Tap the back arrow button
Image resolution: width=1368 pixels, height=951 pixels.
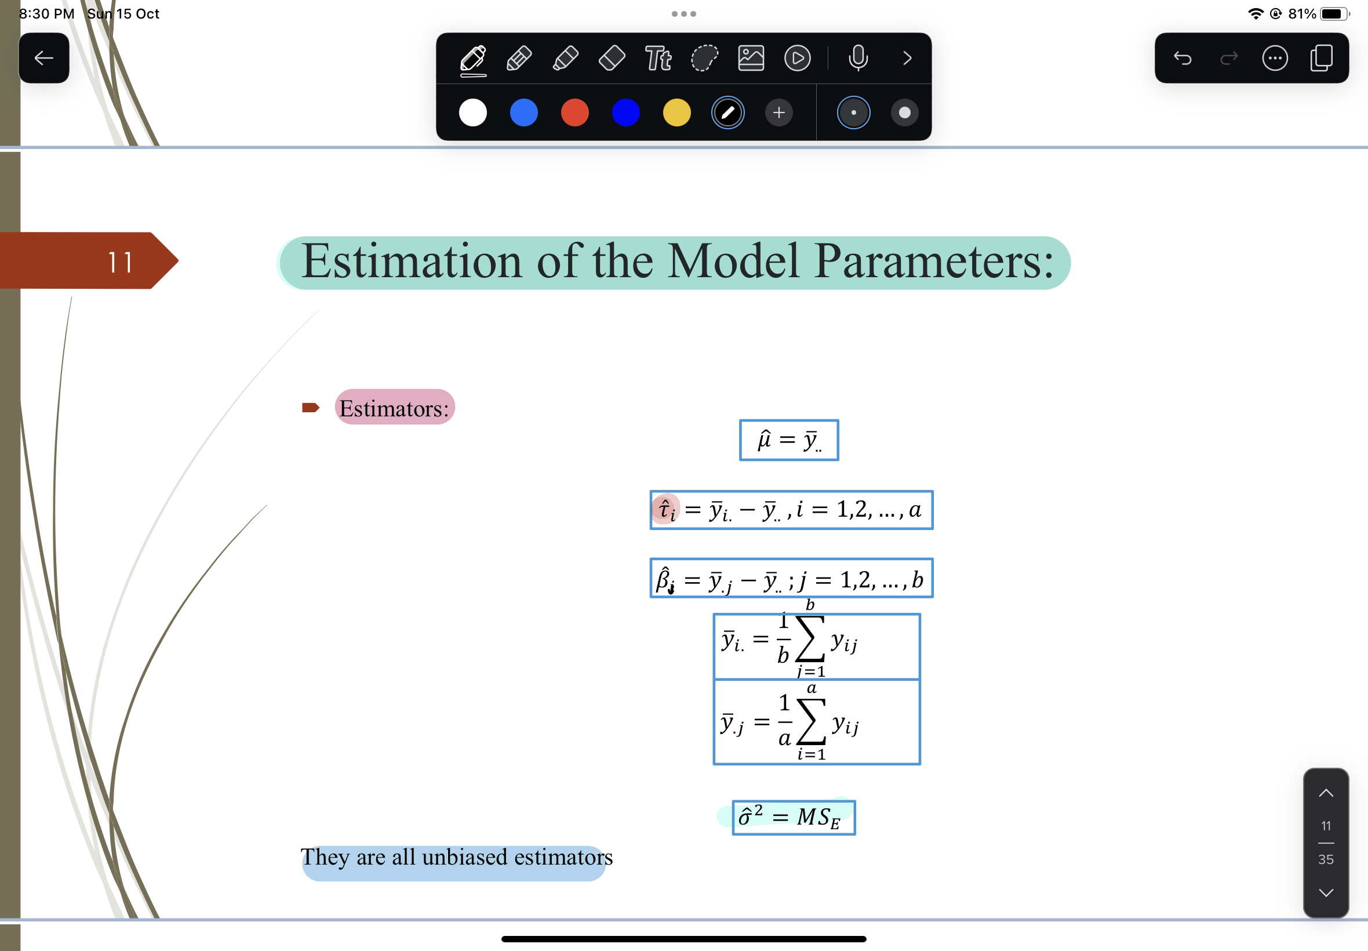(43, 58)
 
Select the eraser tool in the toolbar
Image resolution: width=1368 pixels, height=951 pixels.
(612, 59)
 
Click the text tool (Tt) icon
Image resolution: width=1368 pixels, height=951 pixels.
(658, 59)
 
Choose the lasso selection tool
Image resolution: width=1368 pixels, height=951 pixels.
(704, 59)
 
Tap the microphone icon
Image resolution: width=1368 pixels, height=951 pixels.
(857, 59)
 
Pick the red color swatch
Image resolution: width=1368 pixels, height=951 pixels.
(574, 112)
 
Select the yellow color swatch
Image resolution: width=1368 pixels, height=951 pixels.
(676, 112)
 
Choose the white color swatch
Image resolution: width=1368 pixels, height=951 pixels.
(473, 112)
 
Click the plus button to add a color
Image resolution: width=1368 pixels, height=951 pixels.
(778, 112)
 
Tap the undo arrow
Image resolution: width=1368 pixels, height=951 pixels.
(1183, 59)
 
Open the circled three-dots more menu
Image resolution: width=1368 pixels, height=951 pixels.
(1275, 59)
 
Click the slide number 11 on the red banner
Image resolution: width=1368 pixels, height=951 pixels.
(120, 262)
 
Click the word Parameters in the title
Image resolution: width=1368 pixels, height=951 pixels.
(933, 262)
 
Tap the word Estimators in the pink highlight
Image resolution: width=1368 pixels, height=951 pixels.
(394, 409)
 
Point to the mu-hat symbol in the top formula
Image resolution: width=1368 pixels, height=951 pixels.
(764, 440)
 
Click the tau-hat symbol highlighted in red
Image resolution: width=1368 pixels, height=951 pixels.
(666, 510)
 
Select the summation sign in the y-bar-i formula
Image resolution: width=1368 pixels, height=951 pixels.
(810, 639)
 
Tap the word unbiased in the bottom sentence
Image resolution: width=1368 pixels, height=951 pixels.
(464, 858)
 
